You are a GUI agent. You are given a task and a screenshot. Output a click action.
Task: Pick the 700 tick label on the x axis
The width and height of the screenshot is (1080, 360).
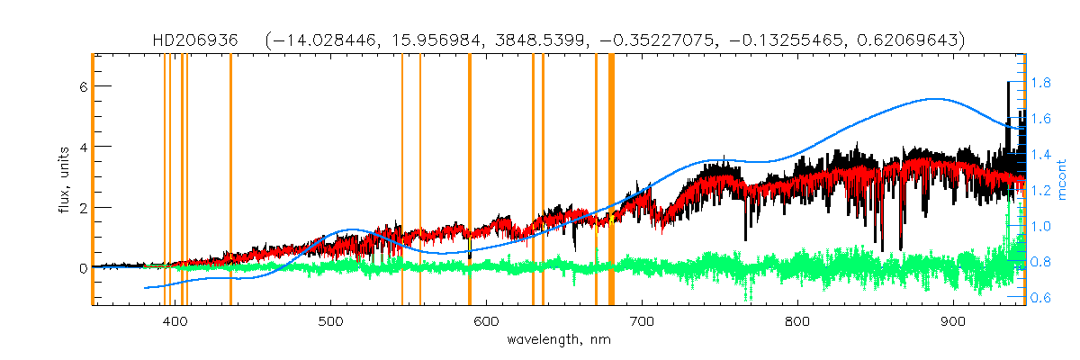click(x=642, y=322)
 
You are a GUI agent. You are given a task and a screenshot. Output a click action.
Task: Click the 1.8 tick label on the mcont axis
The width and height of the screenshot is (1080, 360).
click(x=1042, y=83)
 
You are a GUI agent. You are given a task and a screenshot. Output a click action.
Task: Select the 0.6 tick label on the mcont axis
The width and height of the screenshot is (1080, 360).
click(x=1042, y=298)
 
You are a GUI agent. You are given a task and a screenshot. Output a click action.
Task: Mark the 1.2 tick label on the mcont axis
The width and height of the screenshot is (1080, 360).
click(x=1042, y=191)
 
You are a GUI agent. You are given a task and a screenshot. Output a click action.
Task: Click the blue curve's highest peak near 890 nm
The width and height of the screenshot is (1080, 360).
click(x=937, y=99)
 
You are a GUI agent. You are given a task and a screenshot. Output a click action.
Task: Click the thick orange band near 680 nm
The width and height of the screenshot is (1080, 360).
click(x=611, y=180)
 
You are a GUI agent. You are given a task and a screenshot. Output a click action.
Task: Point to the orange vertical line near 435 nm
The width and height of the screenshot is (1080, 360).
click(x=230, y=180)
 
